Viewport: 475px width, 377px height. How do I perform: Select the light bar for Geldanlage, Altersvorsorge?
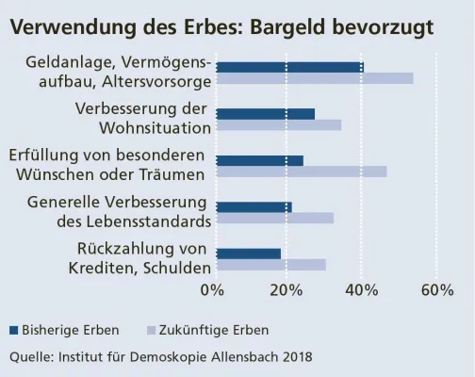click(315, 78)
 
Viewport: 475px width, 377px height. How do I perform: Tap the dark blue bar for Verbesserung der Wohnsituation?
click(266, 114)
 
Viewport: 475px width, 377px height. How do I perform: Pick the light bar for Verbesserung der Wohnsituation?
click(279, 124)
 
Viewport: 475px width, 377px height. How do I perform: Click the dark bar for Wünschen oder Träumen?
click(260, 160)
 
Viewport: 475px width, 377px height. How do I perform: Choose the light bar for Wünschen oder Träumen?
click(302, 172)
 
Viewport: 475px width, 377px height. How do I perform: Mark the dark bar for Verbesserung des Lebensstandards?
click(254, 206)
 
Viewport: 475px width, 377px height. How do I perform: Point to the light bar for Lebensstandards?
click(275, 218)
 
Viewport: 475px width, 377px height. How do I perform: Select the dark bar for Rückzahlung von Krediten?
click(249, 254)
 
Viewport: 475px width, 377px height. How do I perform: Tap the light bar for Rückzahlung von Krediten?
click(271, 265)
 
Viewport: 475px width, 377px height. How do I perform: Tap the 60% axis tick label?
click(436, 289)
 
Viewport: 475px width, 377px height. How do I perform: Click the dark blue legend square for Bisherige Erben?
click(14, 331)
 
